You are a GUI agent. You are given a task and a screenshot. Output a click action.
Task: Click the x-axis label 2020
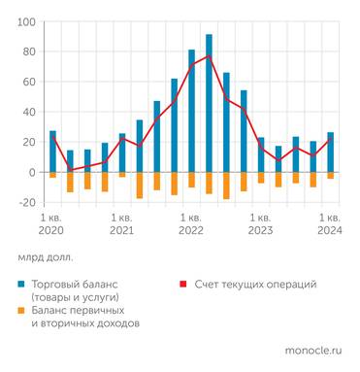(52, 231)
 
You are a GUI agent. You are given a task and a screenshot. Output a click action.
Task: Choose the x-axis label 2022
(191, 231)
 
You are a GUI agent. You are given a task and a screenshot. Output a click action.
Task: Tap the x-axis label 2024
(330, 231)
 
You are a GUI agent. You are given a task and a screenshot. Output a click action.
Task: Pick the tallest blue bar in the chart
(209, 103)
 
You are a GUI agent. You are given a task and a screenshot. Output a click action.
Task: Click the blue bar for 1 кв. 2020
(52, 152)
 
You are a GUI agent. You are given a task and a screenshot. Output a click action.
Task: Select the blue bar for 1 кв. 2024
(330, 152)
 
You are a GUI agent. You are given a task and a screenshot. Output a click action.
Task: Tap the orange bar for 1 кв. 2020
(52, 175)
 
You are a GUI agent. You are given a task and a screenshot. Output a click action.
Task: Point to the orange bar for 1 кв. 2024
(330, 176)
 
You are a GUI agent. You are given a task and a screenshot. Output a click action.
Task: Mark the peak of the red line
(209, 55)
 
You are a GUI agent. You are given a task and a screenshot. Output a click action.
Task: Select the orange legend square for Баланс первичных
(21, 310)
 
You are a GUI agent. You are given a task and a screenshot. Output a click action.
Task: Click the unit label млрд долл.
(45, 258)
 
